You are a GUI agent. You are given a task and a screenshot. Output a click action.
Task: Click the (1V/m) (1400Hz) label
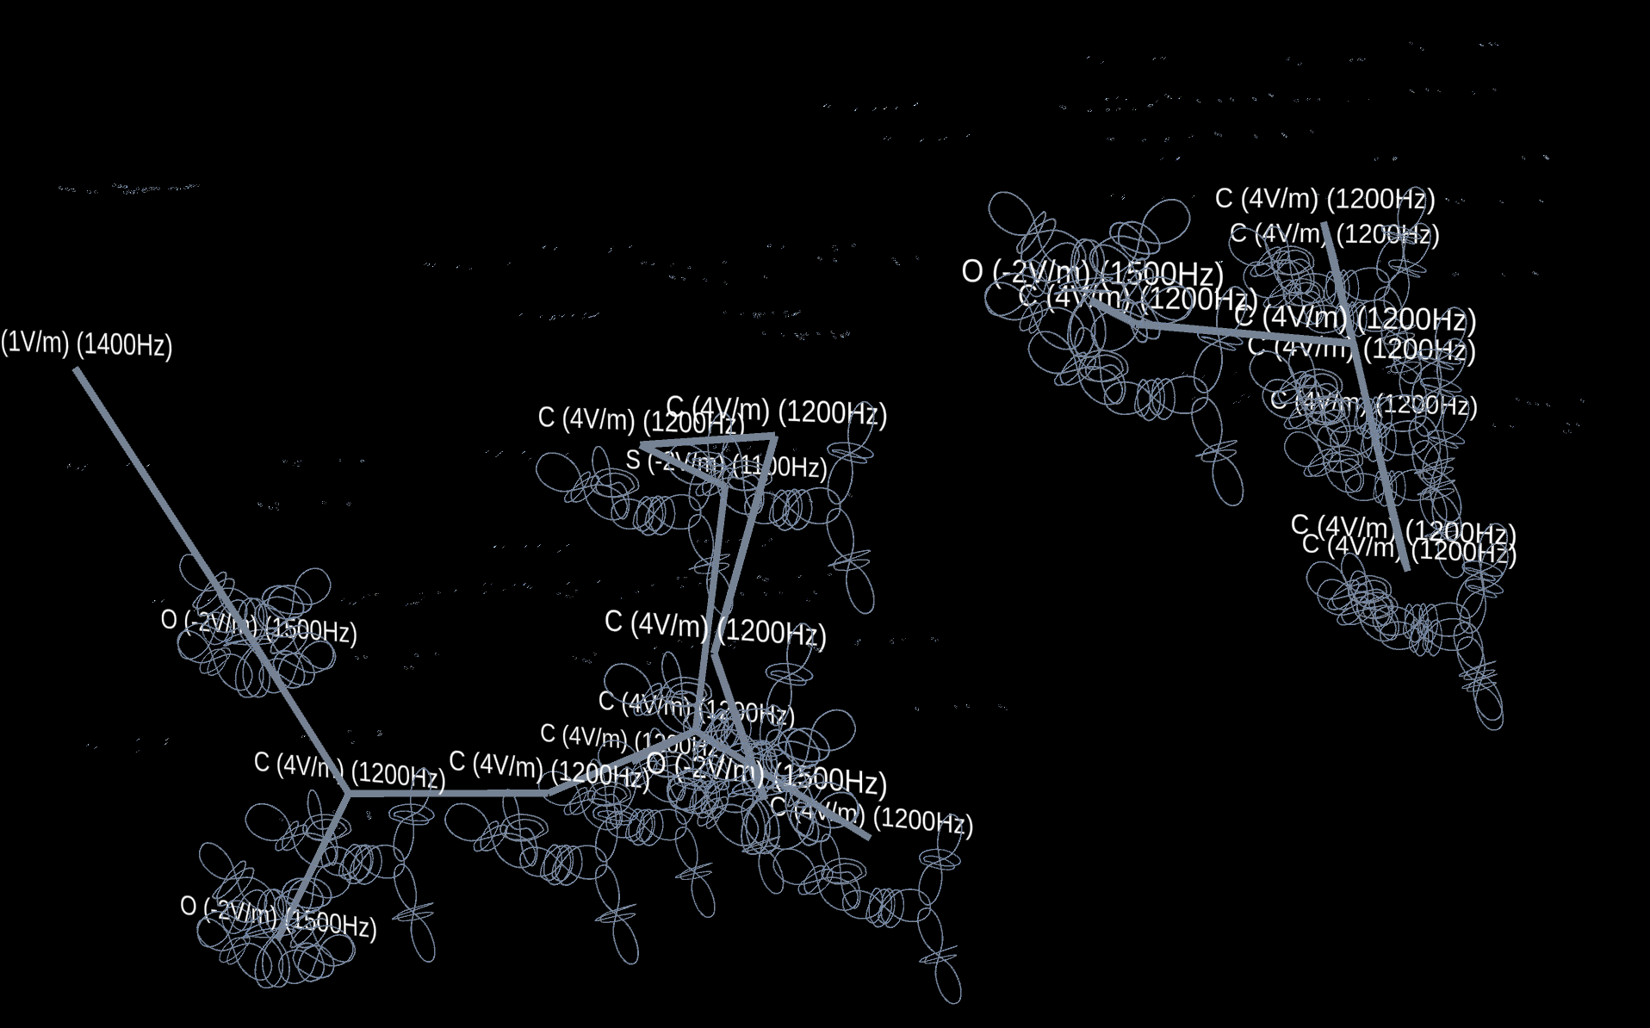[x=86, y=344]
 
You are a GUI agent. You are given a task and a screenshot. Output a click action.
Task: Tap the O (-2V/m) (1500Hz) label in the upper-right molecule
[x=1092, y=273]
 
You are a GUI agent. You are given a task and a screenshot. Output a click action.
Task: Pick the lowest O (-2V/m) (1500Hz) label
[x=278, y=918]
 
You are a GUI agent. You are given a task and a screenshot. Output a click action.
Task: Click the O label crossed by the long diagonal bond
[x=258, y=626]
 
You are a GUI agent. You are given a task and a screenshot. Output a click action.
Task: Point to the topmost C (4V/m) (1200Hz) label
[x=1324, y=199]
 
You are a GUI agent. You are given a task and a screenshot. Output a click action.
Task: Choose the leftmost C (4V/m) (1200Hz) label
[x=349, y=768]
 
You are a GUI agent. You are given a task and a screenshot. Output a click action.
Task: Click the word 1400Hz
[x=125, y=345]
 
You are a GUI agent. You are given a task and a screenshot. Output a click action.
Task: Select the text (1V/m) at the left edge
[x=34, y=342]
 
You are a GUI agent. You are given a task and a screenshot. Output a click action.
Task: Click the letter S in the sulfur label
[x=633, y=460]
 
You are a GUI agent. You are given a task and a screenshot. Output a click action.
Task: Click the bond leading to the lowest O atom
[x=315, y=861]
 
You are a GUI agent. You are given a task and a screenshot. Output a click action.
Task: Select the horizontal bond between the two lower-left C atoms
[x=448, y=793]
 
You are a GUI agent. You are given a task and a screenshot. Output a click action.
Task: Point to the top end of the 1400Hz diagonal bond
[x=77, y=369]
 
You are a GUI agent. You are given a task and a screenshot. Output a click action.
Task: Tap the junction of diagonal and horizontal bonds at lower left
[x=348, y=793]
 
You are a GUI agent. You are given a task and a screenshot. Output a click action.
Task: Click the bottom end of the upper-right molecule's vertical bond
[x=1407, y=568]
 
